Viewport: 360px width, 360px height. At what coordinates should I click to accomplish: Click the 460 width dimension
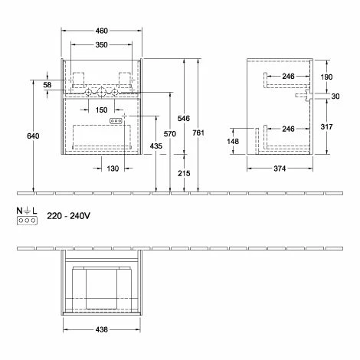tap(102, 31)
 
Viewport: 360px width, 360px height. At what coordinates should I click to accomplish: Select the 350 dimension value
tap(101, 44)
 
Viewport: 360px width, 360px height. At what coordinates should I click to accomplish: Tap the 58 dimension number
tap(47, 85)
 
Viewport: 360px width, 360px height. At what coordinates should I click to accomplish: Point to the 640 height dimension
tap(33, 136)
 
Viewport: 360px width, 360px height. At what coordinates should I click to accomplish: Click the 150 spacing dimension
tap(101, 110)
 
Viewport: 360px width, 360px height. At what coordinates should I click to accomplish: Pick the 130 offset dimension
tap(113, 169)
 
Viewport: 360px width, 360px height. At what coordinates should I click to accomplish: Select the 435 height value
tap(156, 146)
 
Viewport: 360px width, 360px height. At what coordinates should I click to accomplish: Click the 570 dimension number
tap(170, 133)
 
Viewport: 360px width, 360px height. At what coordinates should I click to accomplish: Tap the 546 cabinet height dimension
tap(184, 118)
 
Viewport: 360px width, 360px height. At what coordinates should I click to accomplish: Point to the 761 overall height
tap(198, 133)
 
